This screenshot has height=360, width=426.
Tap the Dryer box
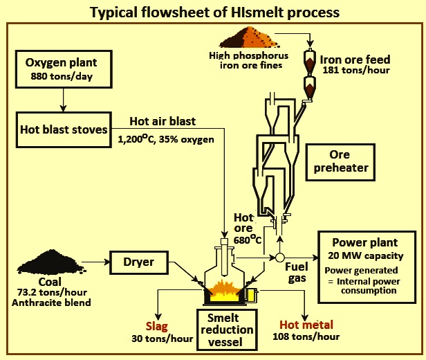(x=140, y=264)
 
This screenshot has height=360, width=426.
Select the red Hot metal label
(x=306, y=325)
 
